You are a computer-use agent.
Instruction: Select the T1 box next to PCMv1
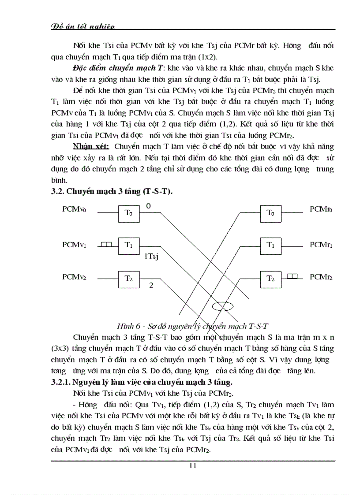pos(128,246)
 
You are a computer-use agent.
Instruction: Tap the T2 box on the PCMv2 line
pos(128,279)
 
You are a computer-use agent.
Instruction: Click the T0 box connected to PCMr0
pos(270,213)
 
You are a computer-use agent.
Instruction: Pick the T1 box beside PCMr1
pos(270,246)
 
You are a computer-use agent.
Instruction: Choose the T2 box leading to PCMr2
pos(270,279)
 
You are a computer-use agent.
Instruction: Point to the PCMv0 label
pos(74,209)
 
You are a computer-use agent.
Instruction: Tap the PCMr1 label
pos(321,244)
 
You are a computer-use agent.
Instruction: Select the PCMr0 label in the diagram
pos(321,209)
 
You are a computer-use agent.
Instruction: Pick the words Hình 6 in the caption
pos(127,326)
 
